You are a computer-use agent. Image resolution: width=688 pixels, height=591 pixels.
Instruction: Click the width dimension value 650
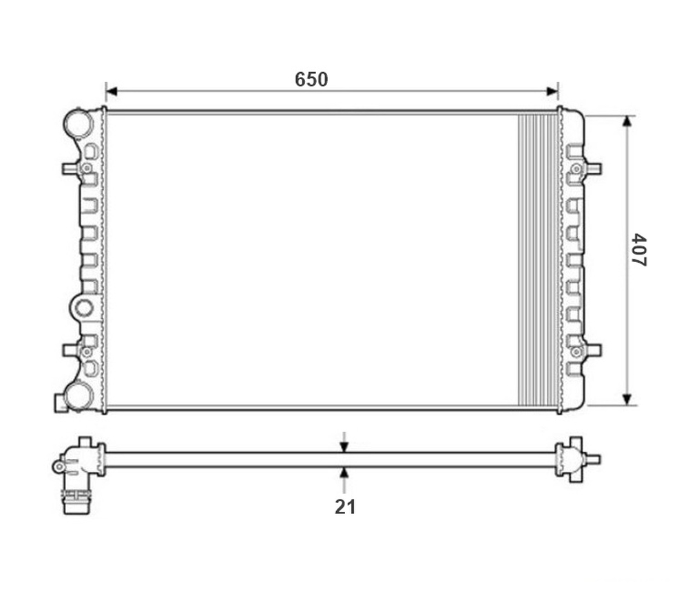311,79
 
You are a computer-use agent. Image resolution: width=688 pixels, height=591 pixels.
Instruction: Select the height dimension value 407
639,250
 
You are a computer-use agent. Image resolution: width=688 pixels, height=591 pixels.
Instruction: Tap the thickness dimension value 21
345,507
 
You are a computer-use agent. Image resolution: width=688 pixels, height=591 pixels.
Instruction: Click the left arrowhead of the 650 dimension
112,92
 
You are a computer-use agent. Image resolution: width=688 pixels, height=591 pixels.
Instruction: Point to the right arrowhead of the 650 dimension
552,92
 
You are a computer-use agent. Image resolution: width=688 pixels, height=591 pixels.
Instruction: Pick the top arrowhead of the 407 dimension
627,122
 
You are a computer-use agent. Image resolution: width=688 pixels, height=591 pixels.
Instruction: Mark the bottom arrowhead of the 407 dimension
627,400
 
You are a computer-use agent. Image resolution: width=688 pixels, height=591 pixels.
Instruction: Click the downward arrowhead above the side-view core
344,447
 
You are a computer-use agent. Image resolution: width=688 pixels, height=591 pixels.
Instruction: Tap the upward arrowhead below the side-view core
344,473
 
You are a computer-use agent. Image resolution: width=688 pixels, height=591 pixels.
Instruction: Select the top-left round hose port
78,123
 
